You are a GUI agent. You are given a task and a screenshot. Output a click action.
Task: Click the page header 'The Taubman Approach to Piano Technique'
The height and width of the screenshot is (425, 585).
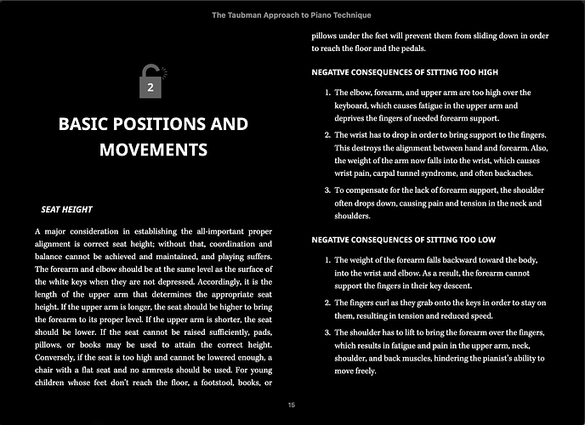[292, 15]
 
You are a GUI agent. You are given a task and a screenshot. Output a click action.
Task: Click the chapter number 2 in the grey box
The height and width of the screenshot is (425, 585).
[151, 88]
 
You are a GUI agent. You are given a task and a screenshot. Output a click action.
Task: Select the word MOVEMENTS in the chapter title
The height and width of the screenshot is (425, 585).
[153, 150]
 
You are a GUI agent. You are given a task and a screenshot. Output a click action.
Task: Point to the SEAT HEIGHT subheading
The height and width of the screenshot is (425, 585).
[66, 209]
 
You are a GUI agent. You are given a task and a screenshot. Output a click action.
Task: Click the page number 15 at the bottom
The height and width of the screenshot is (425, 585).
[292, 405]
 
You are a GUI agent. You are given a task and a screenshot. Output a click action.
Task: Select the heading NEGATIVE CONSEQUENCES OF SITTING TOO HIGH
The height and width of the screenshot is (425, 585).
[405, 71]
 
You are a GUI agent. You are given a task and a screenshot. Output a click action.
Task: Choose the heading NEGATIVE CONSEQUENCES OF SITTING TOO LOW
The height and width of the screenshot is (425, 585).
[404, 240]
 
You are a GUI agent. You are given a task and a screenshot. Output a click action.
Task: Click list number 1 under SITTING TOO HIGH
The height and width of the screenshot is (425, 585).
[327, 93]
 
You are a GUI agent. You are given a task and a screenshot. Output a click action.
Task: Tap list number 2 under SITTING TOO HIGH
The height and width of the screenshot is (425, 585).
[327, 136]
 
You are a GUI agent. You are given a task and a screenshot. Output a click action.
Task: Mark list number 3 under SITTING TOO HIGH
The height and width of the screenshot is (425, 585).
[327, 191]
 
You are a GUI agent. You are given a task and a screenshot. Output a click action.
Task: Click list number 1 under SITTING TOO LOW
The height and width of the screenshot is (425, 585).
[327, 259]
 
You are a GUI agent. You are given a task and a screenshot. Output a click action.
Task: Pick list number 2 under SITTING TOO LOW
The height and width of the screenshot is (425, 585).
[327, 303]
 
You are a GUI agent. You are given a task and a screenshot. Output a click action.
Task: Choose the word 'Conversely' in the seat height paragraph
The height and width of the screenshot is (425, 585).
[58, 356]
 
